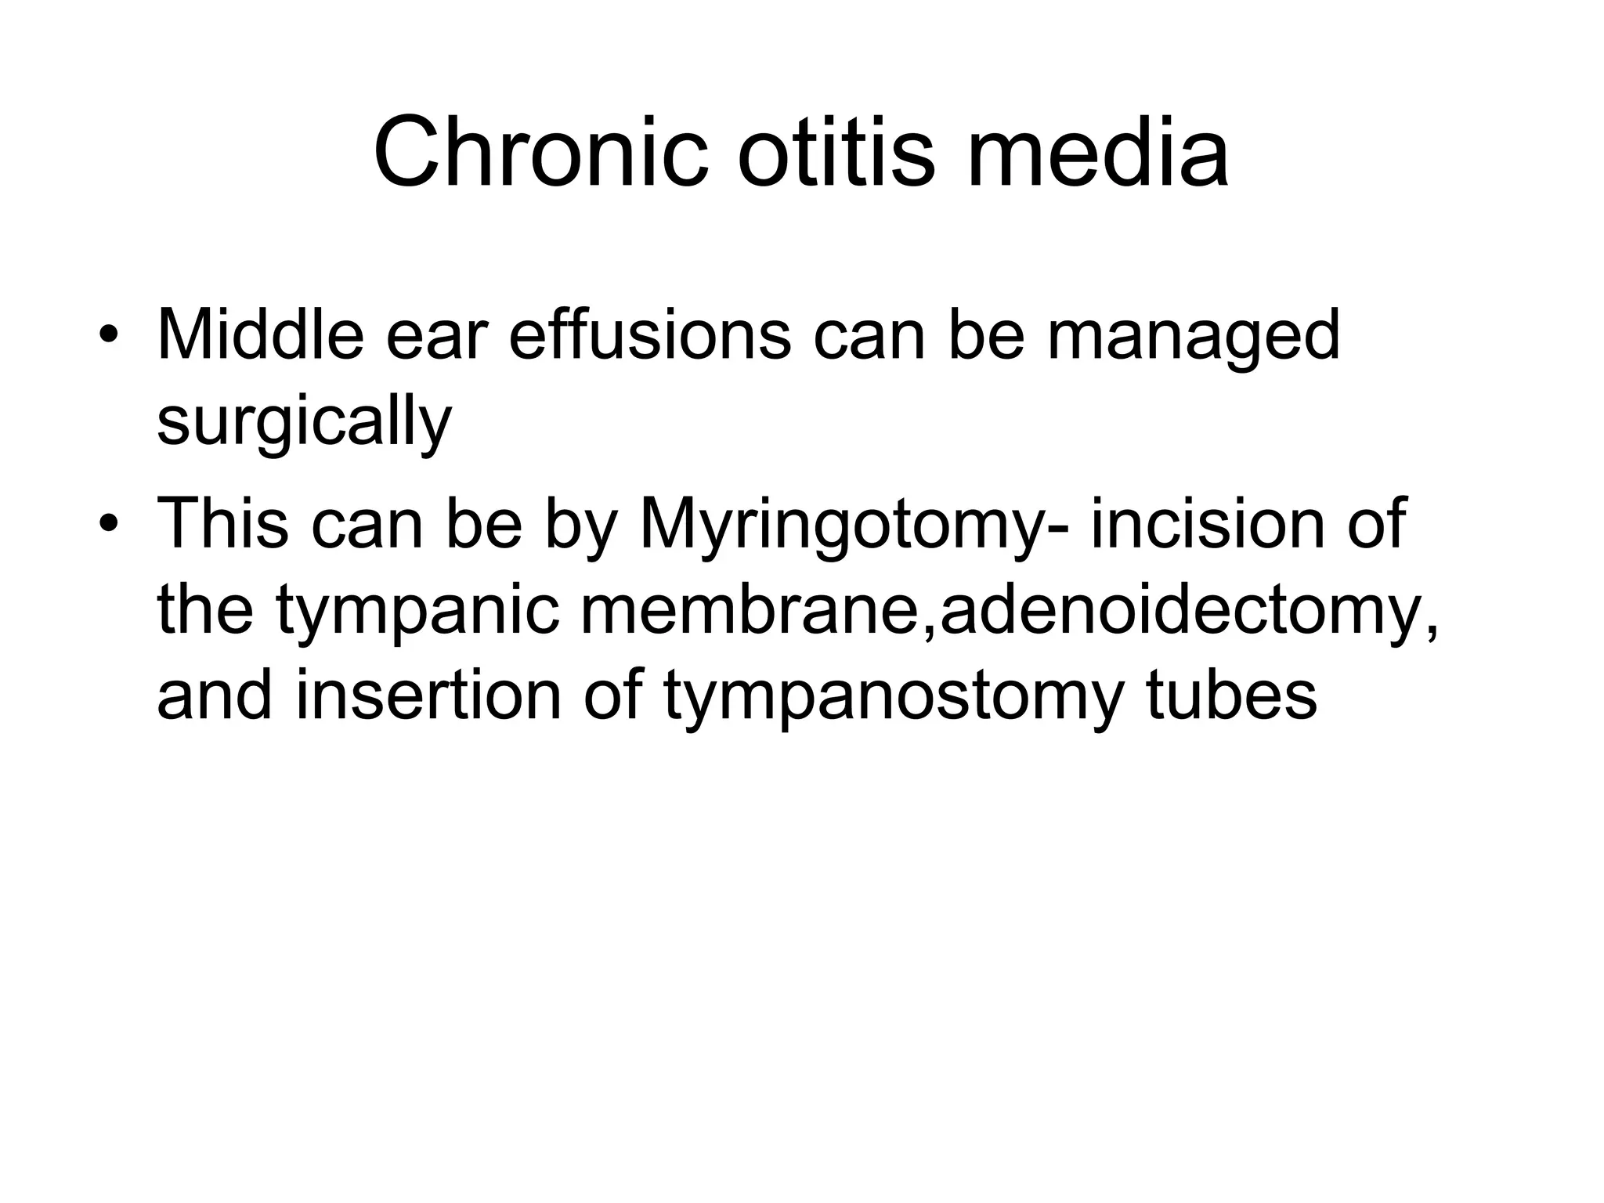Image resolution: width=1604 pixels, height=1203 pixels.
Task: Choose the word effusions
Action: pyautogui.click(x=649, y=337)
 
